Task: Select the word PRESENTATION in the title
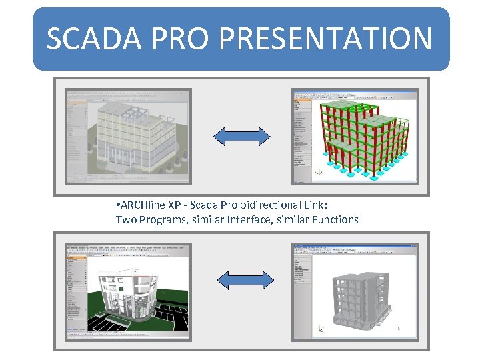click(325, 39)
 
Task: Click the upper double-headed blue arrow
click(241, 136)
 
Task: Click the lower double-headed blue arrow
click(245, 279)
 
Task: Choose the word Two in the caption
click(125, 219)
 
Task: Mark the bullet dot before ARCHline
click(117, 204)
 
